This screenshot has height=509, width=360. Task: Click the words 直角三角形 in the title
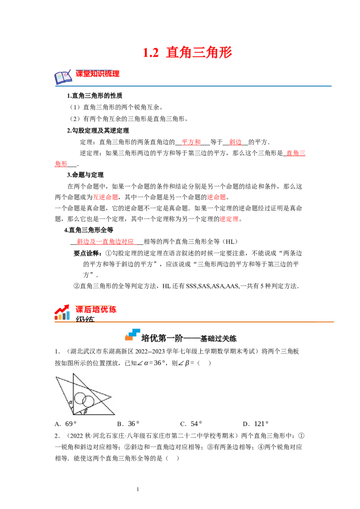(x=199, y=53)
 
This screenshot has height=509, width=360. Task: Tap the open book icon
(x=63, y=78)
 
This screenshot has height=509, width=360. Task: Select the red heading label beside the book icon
(x=98, y=74)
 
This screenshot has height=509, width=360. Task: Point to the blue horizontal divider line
(x=194, y=85)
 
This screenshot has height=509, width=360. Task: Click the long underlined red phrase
(x=106, y=243)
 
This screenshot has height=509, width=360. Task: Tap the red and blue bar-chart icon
(x=63, y=312)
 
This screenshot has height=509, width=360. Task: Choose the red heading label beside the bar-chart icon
(x=96, y=309)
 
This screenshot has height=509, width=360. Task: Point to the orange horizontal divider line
(x=194, y=322)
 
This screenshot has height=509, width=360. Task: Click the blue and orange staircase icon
(x=133, y=335)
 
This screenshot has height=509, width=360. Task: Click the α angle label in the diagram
(x=71, y=402)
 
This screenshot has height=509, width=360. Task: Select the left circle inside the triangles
(x=80, y=398)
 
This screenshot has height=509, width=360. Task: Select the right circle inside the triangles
(x=89, y=401)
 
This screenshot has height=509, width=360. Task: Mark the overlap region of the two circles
(x=85, y=400)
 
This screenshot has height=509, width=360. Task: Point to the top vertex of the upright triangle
(x=73, y=374)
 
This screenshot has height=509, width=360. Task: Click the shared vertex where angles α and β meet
(x=73, y=415)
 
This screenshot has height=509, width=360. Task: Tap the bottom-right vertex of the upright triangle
(x=114, y=415)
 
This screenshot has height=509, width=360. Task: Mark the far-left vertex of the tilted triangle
(x=56, y=378)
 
